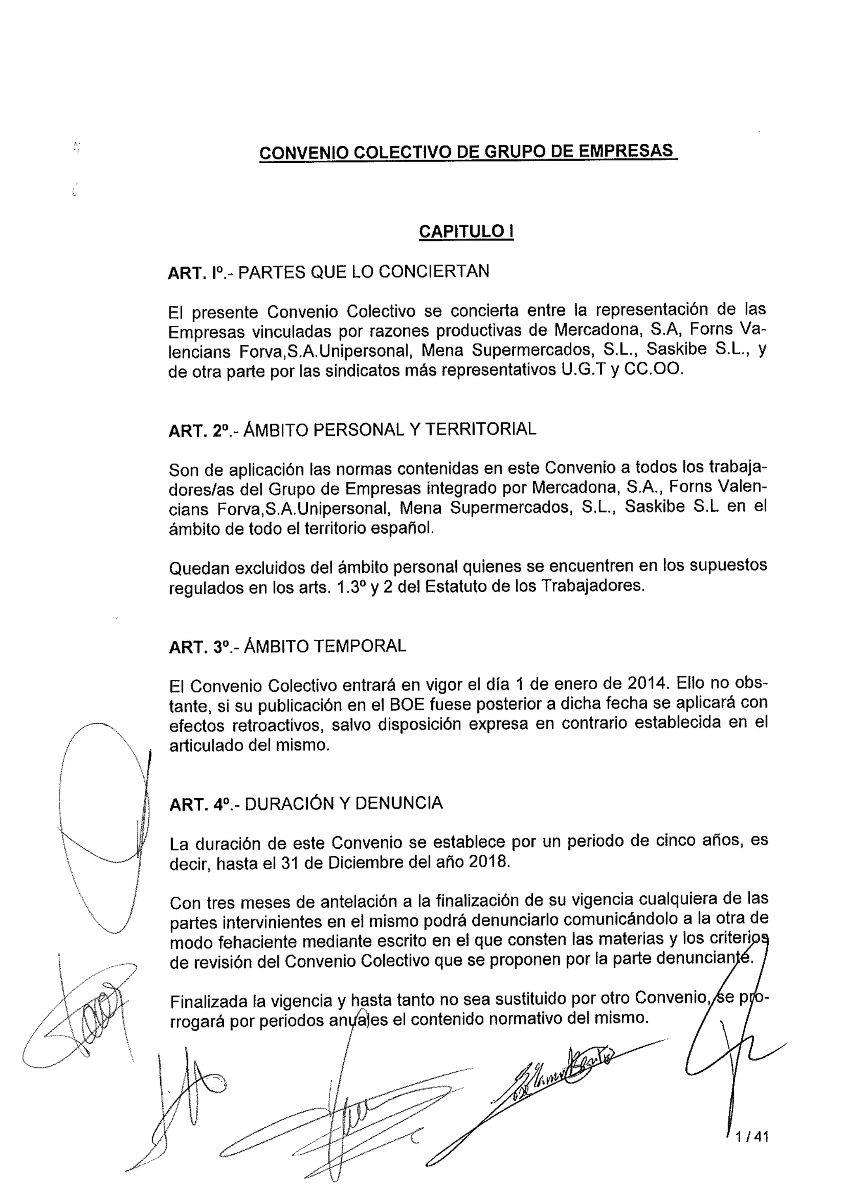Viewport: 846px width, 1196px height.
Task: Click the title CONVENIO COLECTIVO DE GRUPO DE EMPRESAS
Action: (468, 152)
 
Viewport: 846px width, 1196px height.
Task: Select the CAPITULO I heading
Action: (466, 231)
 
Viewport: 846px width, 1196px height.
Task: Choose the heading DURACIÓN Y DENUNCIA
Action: (344, 803)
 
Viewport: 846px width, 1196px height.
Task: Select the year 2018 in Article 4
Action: (487, 861)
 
